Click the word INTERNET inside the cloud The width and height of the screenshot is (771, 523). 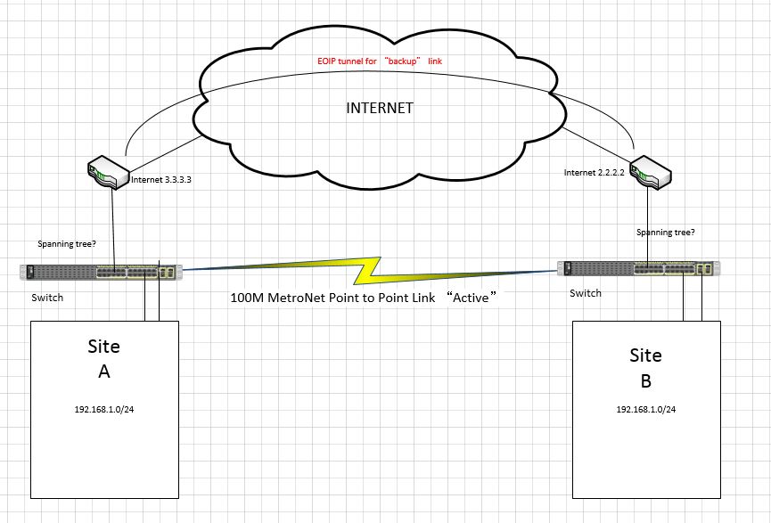pos(379,109)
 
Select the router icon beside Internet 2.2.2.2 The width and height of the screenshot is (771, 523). pos(650,172)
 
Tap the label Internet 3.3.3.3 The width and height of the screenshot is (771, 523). pos(161,180)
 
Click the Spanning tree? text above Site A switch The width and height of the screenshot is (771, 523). pos(68,243)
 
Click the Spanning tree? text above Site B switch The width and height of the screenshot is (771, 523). pos(666,233)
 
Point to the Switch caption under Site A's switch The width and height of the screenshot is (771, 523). pos(47,298)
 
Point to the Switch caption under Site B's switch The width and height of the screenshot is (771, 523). pos(586,293)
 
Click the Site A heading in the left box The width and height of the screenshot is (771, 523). pos(103,358)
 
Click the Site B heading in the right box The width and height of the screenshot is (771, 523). pos(645,368)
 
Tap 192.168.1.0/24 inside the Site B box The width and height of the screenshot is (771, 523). pos(645,410)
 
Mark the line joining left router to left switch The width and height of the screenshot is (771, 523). pos(113,227)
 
